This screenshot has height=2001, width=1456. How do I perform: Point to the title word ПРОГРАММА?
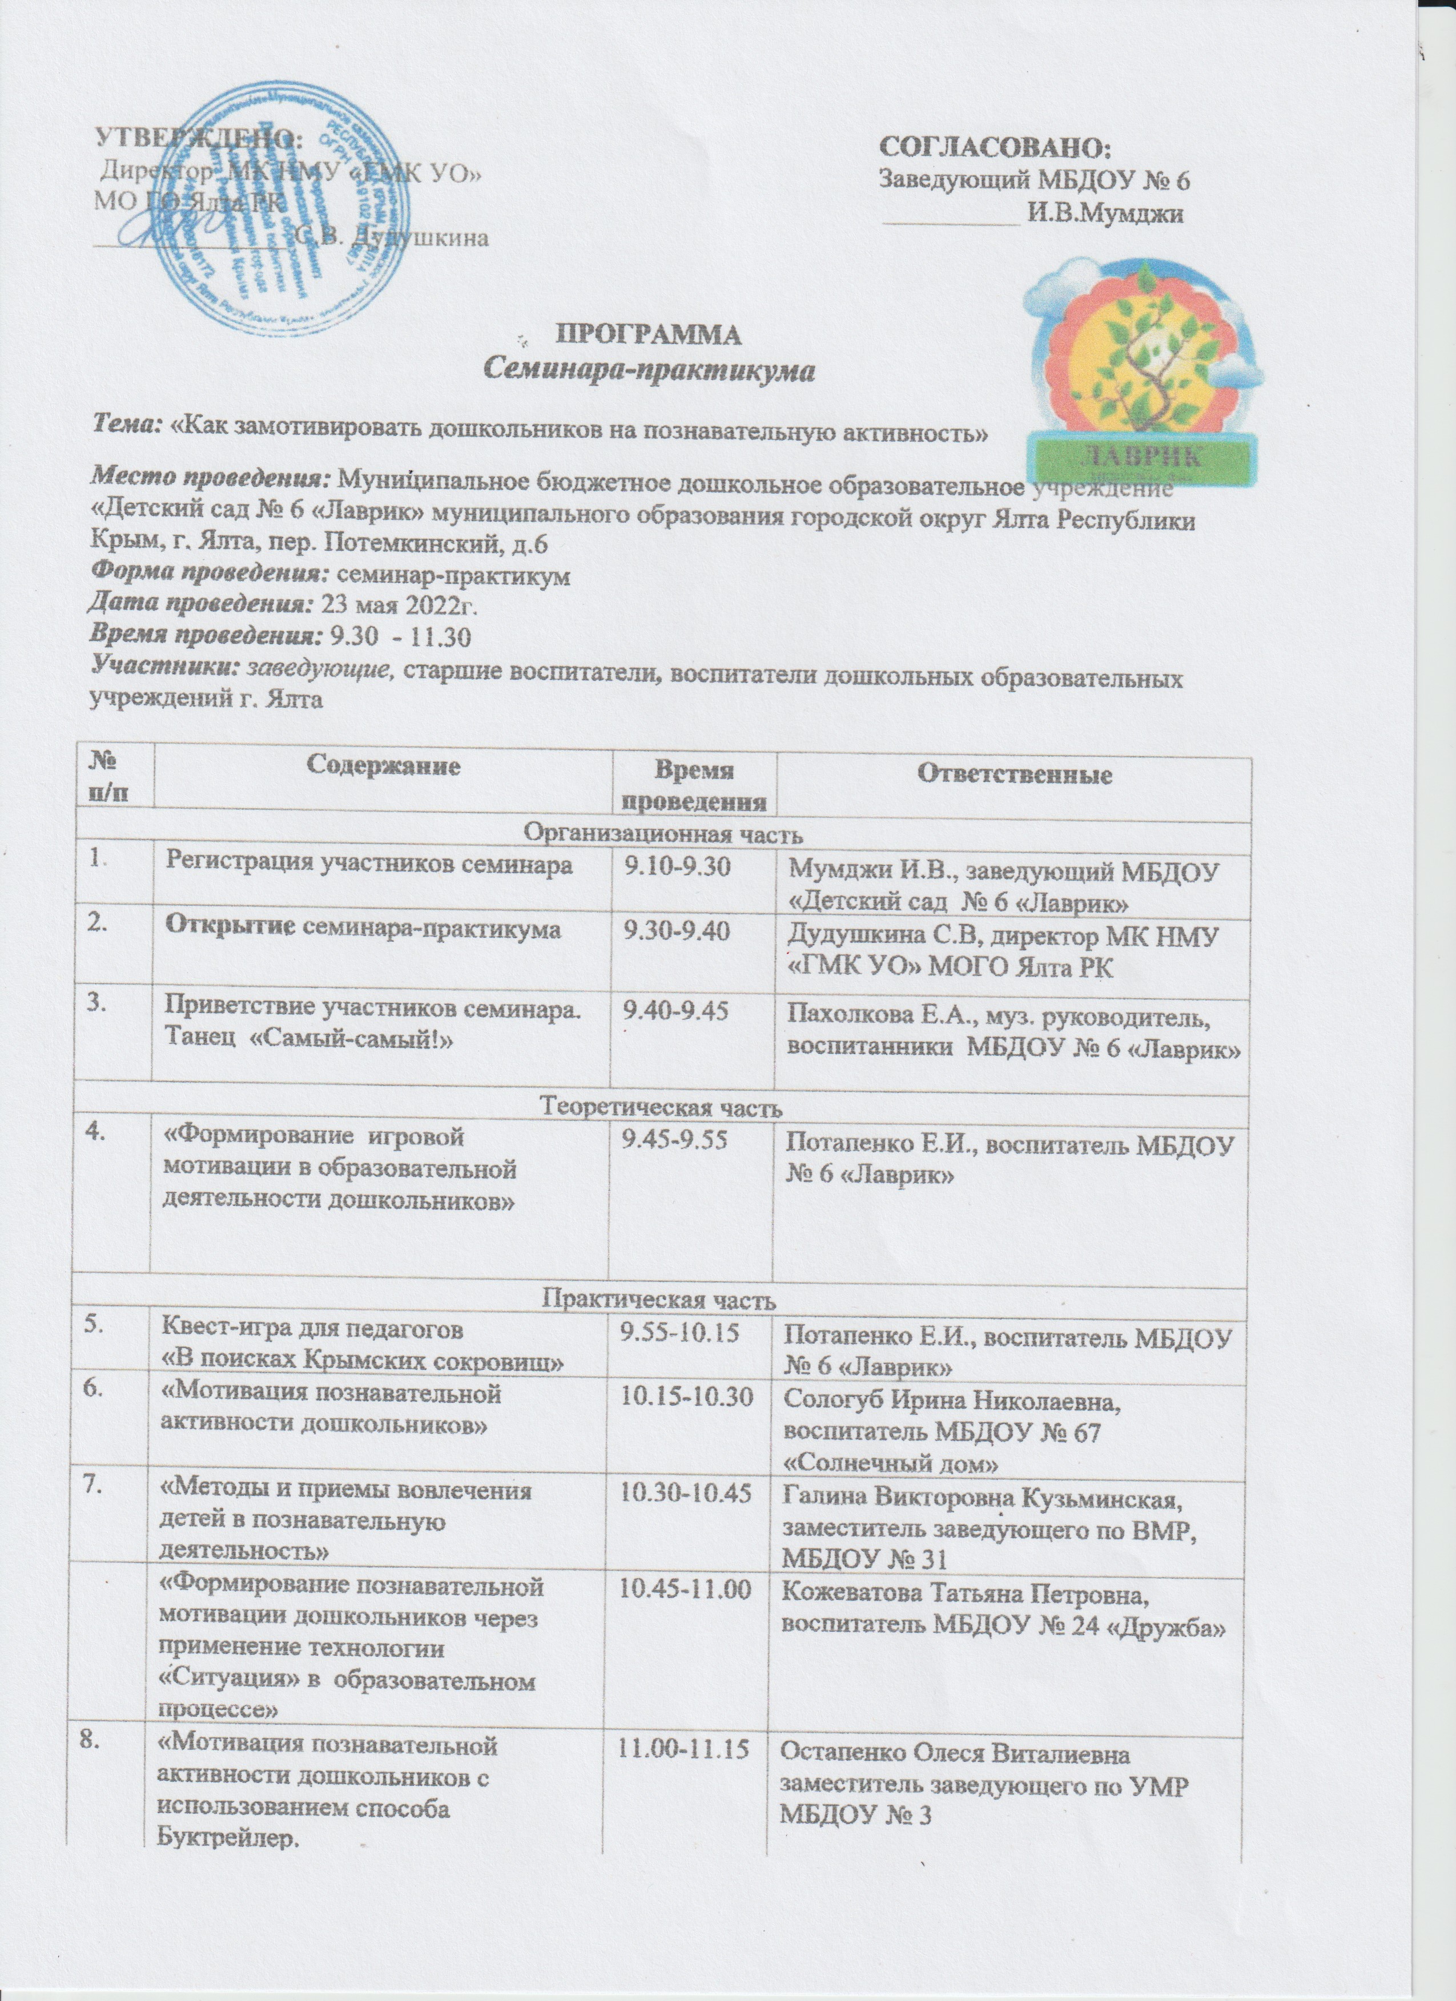(649, 334)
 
